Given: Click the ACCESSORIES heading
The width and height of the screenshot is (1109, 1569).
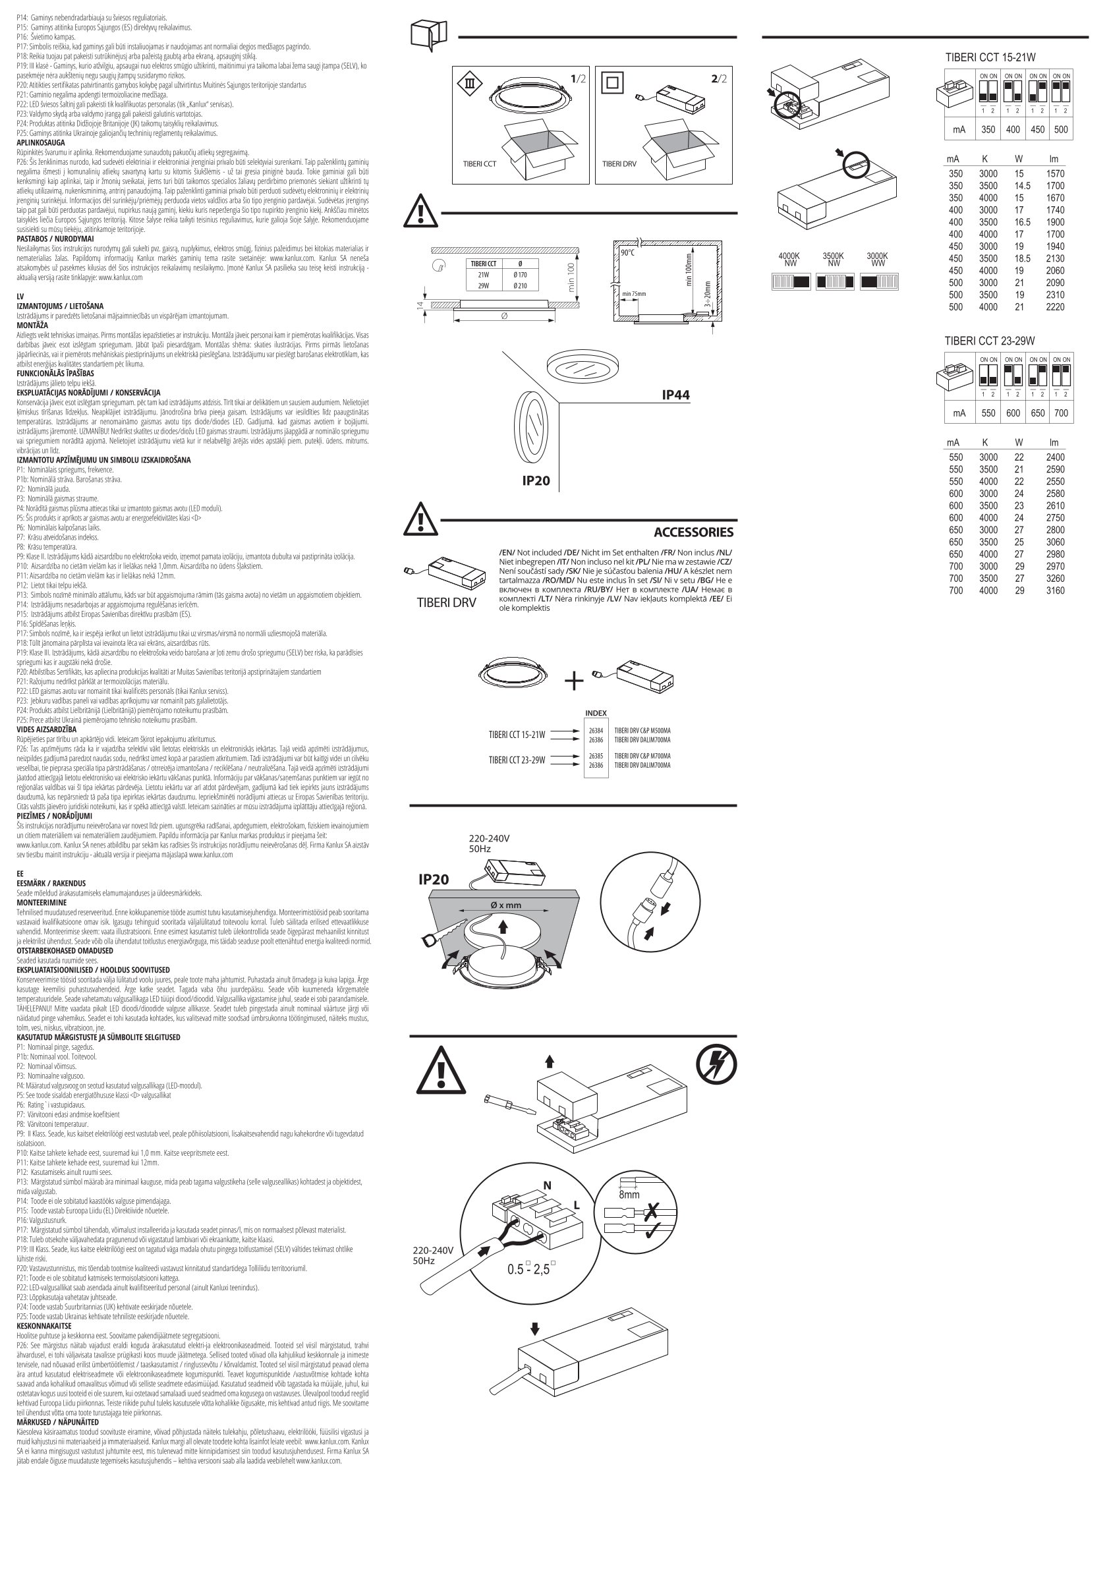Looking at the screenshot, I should pos(693,532).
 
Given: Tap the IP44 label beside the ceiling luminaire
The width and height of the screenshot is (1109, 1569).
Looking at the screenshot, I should pos(676,395).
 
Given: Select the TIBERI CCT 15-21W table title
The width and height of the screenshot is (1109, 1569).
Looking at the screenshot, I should pos(990,58).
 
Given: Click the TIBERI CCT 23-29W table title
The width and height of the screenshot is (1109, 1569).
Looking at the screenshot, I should pos(990,341).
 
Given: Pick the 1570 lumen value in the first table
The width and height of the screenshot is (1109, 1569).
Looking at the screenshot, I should pos(1054,174).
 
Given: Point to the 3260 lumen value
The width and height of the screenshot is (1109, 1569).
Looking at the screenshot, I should pos(1054,579).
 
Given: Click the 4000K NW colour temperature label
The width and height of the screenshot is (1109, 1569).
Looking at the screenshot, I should pos(790,259).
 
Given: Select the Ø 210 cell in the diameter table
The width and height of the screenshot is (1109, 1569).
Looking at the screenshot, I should pos(520,285).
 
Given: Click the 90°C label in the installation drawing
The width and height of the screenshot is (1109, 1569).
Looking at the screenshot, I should pos(627,253).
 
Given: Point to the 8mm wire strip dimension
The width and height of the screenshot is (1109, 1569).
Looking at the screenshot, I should pos(629,1195).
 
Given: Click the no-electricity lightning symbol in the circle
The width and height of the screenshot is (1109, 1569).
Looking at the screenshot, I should pos(716,1066).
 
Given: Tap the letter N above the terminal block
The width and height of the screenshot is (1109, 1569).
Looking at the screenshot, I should pos(547,1185).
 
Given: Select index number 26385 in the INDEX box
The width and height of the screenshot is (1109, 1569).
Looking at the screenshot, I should pos(596,756).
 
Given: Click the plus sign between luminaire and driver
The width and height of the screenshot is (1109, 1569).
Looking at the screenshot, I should pos(574,681).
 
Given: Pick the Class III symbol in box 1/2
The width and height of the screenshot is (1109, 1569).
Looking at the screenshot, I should pos(469,84).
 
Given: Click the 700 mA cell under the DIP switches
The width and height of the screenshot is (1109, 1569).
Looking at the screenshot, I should pos(1060,413).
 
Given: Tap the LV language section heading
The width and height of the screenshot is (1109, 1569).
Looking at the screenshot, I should pos(20,297).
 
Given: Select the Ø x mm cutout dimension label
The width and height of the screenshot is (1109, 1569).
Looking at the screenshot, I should pos(505,905).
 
